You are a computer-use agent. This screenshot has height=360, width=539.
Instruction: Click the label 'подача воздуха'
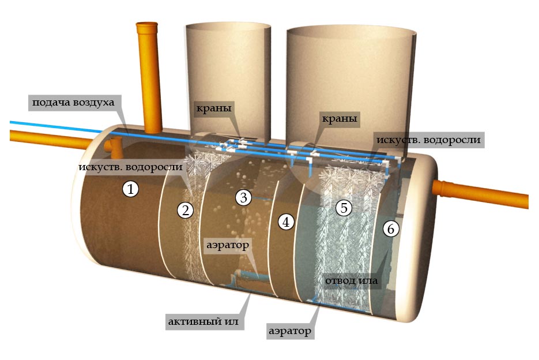point(73,103)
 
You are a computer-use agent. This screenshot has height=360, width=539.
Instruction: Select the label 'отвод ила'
point(351,281)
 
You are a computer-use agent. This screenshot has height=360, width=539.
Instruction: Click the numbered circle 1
point(131,189)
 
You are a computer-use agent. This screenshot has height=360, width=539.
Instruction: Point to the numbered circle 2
point(185,209)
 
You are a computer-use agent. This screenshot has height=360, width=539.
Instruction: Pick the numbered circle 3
point(244,198)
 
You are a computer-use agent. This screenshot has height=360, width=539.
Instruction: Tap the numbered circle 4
point(286,221)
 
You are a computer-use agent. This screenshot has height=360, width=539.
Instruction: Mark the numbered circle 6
point(391,229)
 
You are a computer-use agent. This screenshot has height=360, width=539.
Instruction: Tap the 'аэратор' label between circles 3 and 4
point(228,245)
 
